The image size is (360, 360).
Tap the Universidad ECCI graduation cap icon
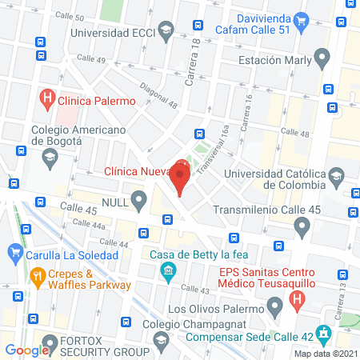(166, 33)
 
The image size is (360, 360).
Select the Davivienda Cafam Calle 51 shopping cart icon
(301, 20)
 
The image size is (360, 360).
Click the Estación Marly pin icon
(322, 58)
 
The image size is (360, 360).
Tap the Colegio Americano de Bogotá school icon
(50, 156)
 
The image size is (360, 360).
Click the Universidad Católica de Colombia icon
(338, 174)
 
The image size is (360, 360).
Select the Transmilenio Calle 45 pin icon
(302, 228)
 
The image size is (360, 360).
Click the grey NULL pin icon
(140, 198)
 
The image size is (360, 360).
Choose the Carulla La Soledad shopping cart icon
(15, 254)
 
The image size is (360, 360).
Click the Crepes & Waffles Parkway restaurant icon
(37, 277)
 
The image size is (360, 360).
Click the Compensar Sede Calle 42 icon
(323, 332)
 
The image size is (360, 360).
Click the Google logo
(28, 350)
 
